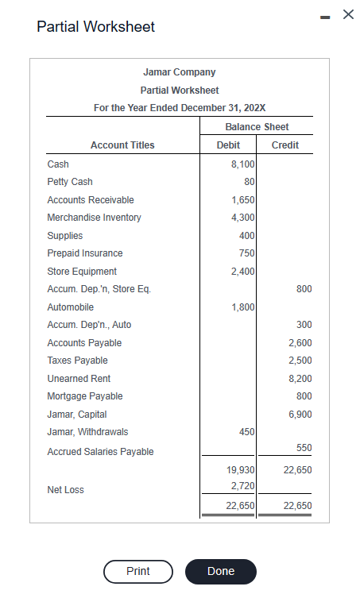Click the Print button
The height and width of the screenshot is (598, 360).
(138, 571)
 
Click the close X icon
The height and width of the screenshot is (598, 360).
(346, 14)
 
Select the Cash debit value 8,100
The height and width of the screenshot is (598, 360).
(242, 164)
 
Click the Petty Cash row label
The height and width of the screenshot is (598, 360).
(70, 182)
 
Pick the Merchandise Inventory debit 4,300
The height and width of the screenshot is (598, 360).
(242, 218)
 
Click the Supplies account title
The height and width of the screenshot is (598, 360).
(65, 236)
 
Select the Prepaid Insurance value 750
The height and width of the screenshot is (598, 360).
(246, 253)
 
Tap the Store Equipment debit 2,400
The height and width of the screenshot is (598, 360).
(242, 272)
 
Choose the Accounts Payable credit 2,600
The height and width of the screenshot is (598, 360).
(299, 343)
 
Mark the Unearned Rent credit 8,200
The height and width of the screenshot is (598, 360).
(299, 379)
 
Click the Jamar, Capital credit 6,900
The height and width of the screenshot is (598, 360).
(299, 415)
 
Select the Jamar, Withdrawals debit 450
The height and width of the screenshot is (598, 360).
(246, 432)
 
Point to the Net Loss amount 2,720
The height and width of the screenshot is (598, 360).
(242, 485)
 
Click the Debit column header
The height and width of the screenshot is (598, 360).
(228, 145)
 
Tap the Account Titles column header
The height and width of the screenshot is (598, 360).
(122, 145)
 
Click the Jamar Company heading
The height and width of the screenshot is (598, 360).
(180, 72)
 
